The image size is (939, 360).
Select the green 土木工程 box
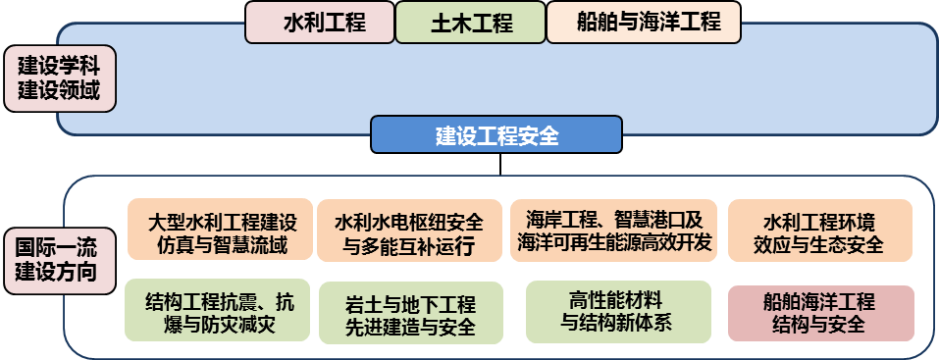[471, 23]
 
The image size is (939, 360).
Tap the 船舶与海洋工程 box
[644, 23]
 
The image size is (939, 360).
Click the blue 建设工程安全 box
[496, 135]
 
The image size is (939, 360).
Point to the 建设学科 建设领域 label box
[60, 79]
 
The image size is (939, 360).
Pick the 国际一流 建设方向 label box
[58, 258]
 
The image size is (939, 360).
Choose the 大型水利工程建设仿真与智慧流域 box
[220, 231]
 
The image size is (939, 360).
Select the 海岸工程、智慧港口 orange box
[613, 231]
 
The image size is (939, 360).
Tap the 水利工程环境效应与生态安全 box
[819, 231]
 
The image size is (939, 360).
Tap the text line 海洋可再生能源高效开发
[613, 244]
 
